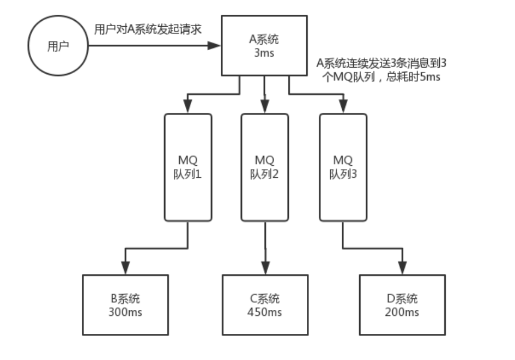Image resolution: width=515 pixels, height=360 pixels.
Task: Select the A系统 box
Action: coord(264,46)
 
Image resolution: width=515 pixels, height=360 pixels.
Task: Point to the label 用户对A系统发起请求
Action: coord(147,29)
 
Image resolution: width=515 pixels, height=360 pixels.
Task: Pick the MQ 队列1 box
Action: coord(188,167)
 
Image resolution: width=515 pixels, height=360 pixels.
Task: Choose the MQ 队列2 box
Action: coord(264,167)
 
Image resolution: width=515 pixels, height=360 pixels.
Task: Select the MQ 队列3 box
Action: coord(342,167)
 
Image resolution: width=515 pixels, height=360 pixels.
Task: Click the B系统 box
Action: coord(125,304)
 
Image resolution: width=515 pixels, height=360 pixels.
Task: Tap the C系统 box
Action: coord(265,304)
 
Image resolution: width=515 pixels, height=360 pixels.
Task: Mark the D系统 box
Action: coord(402,304)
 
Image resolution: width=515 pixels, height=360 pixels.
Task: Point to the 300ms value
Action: coord(125,312)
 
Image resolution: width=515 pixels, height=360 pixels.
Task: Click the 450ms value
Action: coord(265,312)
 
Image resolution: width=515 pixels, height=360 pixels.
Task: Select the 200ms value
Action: coord(402,312)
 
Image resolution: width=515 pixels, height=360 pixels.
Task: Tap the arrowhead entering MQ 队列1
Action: coord(188,108)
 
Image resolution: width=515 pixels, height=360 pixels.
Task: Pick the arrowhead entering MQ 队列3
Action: coord(342,108)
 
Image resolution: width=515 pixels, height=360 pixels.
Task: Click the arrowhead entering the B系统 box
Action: coord(125,268)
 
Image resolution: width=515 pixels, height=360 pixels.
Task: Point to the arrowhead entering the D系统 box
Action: coord(402,268)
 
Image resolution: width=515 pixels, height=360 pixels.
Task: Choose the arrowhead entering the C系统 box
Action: coord(265,268)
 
